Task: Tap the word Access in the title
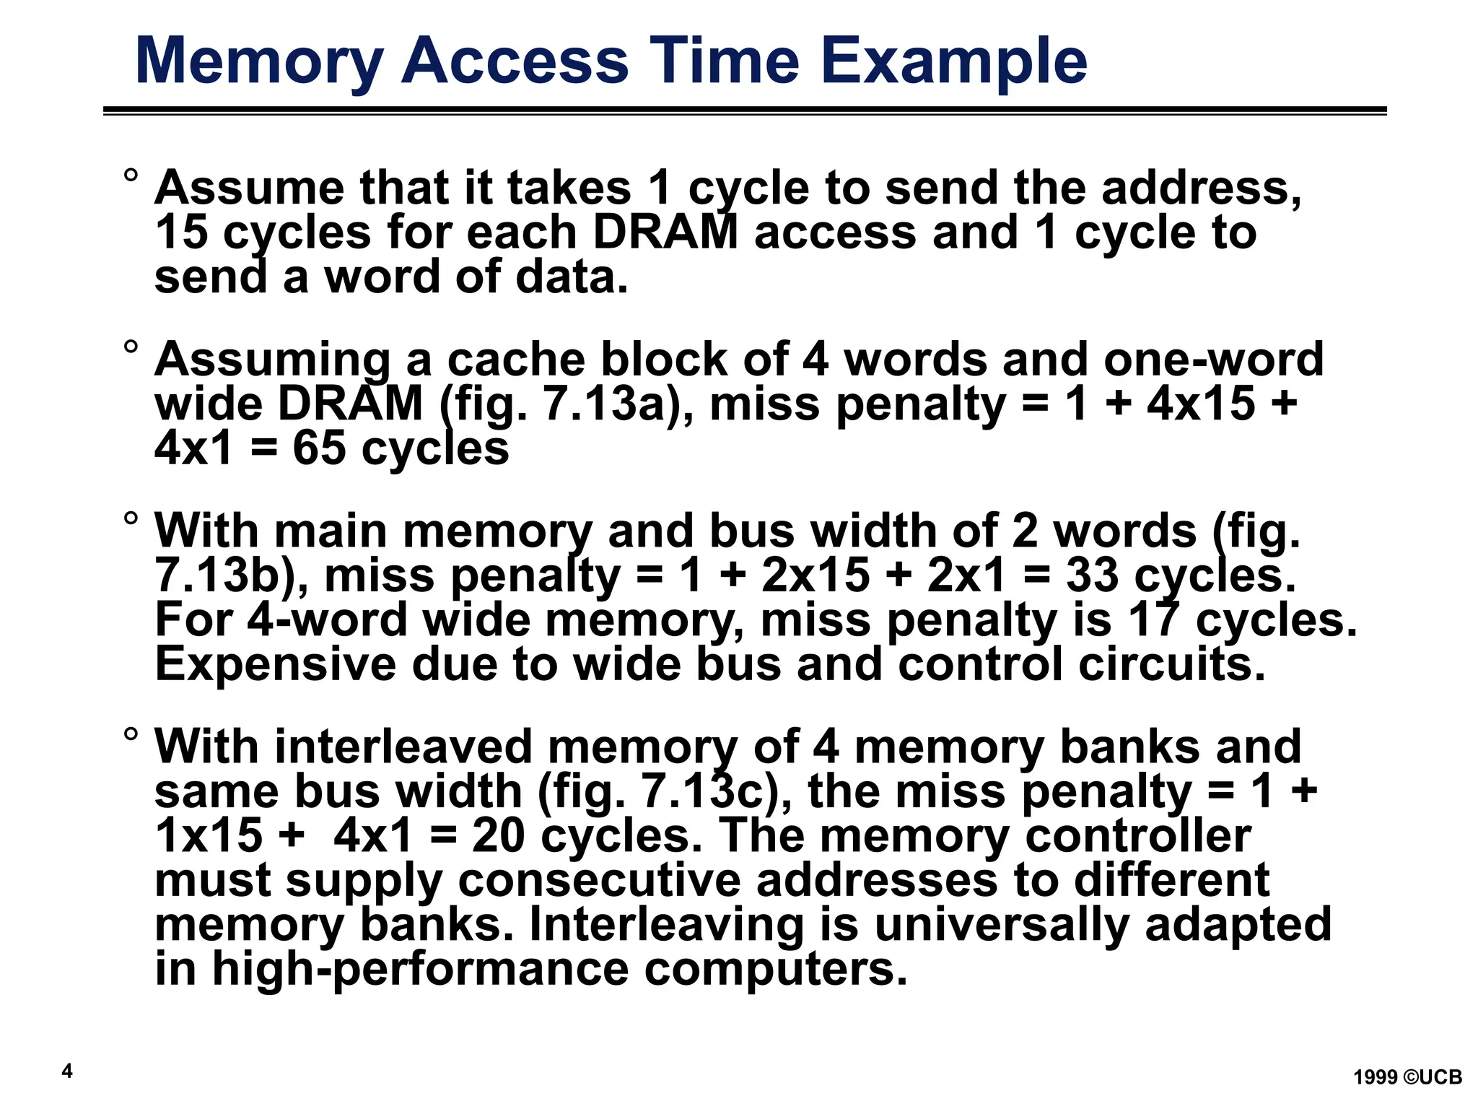point(515,61)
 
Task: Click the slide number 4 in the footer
point(67,1071)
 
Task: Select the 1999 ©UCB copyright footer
point(1407,1077)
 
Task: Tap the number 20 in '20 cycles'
point(498,835)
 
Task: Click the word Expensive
point(276,664)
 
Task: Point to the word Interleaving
point(666,924)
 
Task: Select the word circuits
point(1172,664)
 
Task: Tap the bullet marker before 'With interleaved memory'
point(131,734)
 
